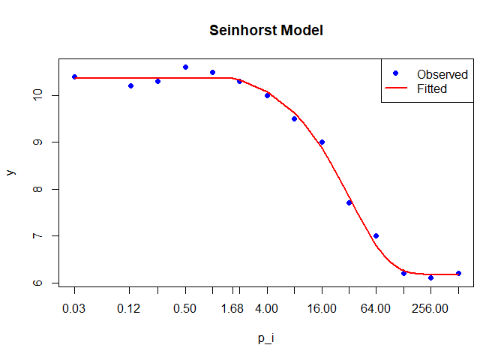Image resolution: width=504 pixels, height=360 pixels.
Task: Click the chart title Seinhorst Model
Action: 266,31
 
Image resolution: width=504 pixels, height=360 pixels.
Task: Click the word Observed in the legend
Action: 442,74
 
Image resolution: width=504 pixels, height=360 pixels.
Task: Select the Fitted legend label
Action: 431,88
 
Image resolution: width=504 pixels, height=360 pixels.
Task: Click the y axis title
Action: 10,172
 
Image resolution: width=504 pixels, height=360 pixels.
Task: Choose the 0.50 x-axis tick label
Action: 184,309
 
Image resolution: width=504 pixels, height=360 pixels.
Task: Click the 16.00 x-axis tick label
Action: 322,309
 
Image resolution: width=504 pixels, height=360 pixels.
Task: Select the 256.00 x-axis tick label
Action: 430,309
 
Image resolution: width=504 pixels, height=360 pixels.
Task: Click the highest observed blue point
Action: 185,67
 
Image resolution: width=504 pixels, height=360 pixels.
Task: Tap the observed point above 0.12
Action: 130,85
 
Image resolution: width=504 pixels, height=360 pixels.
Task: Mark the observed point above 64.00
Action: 376,235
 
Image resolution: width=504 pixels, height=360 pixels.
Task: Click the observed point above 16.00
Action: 322,142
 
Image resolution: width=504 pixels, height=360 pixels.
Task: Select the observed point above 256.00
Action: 430,277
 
